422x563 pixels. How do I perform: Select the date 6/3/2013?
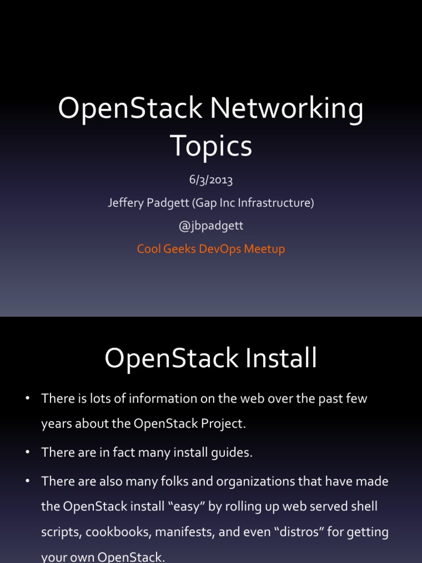[x=211, y=180]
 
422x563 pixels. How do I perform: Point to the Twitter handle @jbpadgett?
[x=211, y=226]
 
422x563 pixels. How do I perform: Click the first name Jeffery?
[x=125, y=203]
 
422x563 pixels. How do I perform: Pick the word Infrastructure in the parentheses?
[x=275, y=203]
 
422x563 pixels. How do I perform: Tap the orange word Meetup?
[x=264, y=249]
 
